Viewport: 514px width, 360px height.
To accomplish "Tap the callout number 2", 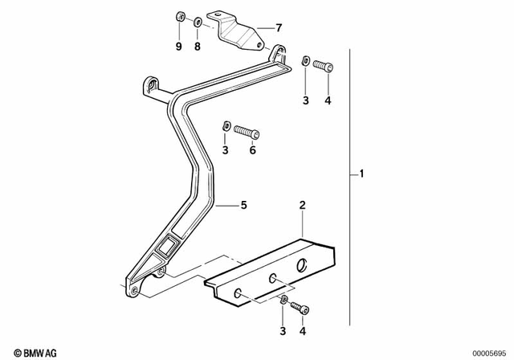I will click(302, 207).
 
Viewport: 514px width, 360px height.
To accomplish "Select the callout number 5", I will click(243, 206).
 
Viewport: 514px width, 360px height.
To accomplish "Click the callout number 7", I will click(278, 27).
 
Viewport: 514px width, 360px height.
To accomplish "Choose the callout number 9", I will click(179, 47).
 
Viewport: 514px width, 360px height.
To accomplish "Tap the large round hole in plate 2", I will click(303, 266).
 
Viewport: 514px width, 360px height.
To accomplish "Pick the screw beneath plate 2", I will click(298, 306).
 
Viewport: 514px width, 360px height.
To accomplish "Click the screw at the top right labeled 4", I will click(324, 63).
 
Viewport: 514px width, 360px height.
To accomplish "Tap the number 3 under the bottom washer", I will click(283, 330).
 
